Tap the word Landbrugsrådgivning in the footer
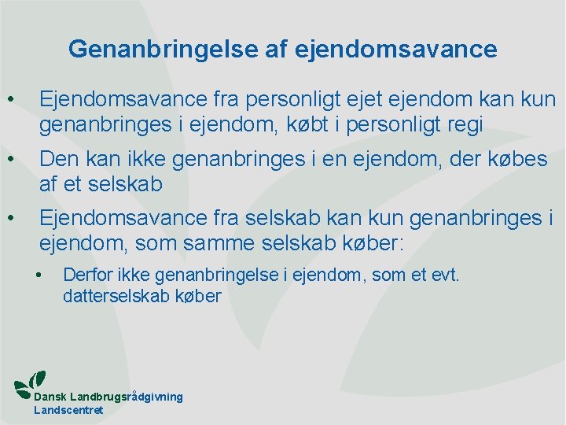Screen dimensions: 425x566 pos(127,397)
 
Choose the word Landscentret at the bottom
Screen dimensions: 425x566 pos(69,410)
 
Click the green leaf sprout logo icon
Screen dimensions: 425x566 pos(30,382)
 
